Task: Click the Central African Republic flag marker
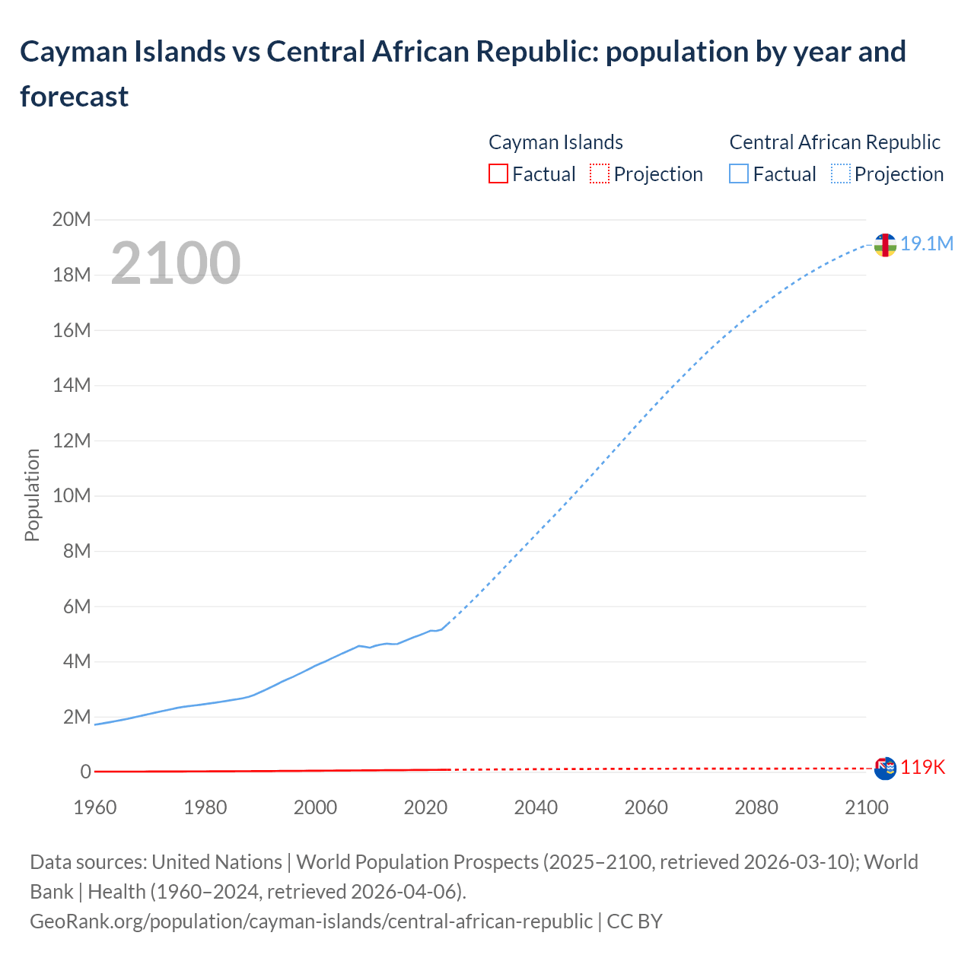884,245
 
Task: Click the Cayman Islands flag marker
885,769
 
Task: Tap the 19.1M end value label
927,243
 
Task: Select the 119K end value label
923,767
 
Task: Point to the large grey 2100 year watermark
176,263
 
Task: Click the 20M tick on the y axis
72,220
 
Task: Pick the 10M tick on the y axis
72,496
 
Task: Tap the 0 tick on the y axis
85,772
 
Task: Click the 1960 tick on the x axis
95,807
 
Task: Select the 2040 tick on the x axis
536,807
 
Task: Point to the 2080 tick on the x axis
756,807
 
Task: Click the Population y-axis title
32,495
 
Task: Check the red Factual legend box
498,174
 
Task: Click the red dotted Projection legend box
600,174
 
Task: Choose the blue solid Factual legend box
739,174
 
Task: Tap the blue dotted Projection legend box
841,174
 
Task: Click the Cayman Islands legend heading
555,142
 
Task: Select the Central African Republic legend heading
835,142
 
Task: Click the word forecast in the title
75,97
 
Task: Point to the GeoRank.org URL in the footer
311,921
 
